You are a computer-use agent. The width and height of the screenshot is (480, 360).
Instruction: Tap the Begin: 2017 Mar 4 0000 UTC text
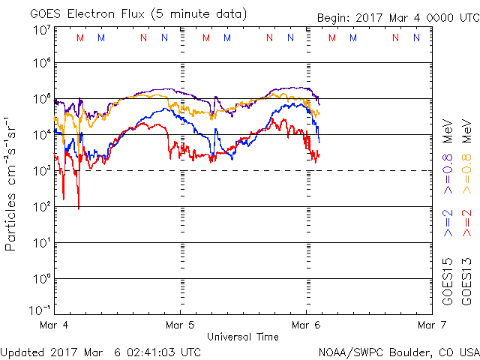coord(397,17)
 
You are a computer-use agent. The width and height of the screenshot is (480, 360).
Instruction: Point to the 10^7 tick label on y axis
coord(40,30)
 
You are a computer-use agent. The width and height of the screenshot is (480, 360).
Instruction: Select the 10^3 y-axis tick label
coord(40,171)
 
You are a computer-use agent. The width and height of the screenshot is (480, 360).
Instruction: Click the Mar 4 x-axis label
coord(54,325)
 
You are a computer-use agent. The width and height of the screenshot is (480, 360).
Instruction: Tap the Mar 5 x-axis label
coord(180,325)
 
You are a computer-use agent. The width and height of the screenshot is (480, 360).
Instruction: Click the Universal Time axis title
coord(242,337)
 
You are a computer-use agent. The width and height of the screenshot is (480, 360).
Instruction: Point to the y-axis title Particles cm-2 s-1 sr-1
coord(12,183)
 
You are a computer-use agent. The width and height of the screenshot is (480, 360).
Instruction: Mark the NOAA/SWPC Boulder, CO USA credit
coord(398,352)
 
